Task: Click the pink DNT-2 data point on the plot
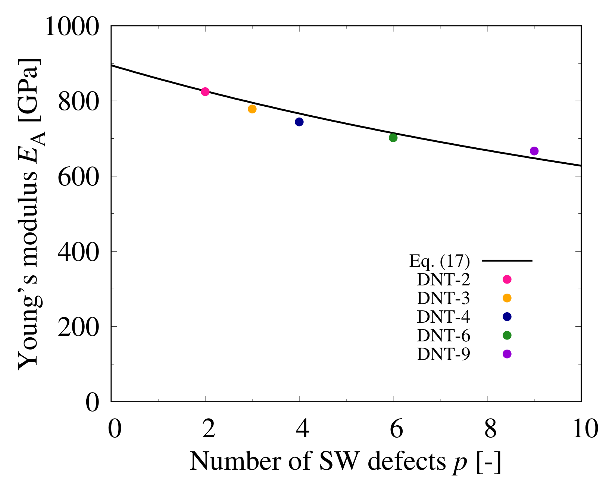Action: click(x=205, y=92)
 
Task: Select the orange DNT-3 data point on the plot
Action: click(x=252, y=109)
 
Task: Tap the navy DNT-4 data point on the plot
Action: click(x=299, y=122)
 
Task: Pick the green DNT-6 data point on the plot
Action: click(x=393, y=138)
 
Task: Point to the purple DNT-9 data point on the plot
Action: click(x=534, y=151)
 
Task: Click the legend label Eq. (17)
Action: click(x=439, y=261)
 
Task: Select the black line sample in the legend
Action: click(x=507, y=260)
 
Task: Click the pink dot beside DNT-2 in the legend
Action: click(x=507, y=279)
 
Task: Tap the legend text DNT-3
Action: click(x=443, y=298)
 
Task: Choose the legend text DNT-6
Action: click(x=443, y=335)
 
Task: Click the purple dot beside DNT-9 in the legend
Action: click(x=507, y=354)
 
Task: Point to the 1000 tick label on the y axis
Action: click(x=72, y=27)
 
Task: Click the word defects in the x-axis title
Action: click(x=405, y=461)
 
